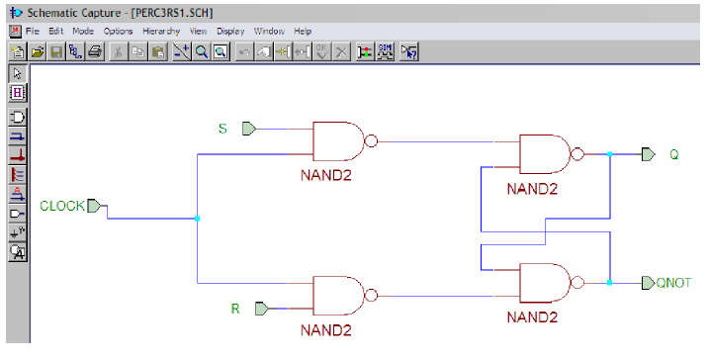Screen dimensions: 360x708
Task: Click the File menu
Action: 33,32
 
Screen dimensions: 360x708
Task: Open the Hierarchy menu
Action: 161,32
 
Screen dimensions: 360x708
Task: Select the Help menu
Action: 303,32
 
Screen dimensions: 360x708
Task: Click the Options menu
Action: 119,32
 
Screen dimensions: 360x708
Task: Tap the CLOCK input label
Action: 61,207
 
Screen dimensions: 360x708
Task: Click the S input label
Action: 222,129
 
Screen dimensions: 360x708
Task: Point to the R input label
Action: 235,309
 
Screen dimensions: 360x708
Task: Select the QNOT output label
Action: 675,283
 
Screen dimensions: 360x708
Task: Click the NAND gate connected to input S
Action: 338,142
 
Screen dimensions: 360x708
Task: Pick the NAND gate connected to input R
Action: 338,295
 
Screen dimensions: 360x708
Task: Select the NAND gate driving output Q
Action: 545,155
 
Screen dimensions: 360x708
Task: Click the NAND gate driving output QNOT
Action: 545,283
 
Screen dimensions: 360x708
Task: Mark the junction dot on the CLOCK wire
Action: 198,218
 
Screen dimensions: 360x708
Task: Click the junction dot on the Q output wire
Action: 610,154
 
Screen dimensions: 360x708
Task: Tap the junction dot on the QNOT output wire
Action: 610,283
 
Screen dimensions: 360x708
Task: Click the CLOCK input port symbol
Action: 94,207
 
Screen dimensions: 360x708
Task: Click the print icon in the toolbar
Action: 95,51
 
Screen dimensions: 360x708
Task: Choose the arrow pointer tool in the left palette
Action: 17,74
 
